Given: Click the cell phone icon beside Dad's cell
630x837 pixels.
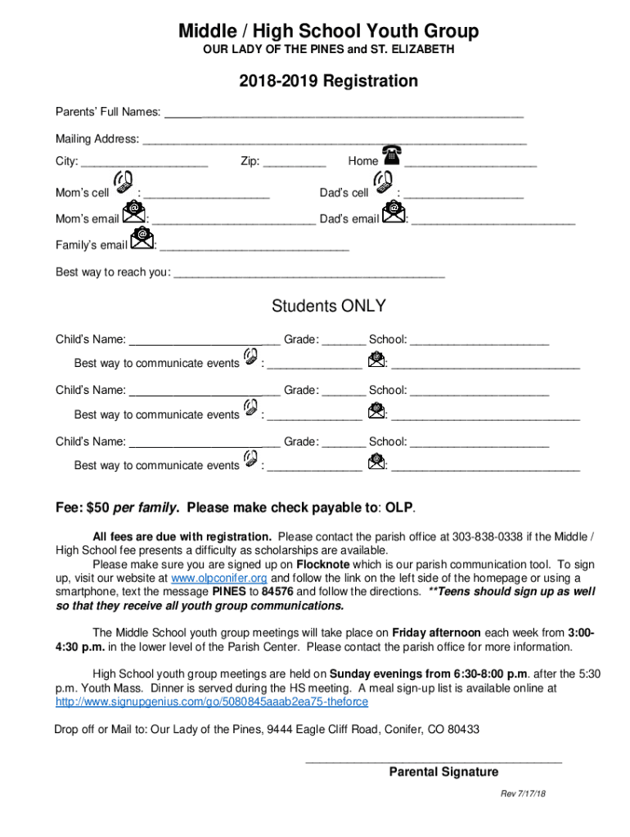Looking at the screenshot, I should [382, 185].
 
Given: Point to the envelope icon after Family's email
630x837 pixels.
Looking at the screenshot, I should [142, 238].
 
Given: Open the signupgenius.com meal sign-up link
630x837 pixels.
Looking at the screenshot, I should [211, 702].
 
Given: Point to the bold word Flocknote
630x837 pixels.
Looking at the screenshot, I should [323, 565].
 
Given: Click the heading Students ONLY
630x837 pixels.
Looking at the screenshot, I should [328, 307].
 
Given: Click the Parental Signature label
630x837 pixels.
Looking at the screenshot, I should [443, 772].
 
